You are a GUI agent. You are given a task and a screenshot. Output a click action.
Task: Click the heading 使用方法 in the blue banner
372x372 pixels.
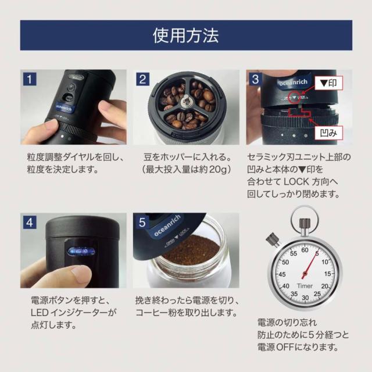[x=186, y=35]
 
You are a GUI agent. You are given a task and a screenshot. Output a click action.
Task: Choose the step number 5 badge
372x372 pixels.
[x=142, y=221]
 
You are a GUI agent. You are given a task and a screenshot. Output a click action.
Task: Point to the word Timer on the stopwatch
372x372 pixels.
[x=305, y=287]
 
